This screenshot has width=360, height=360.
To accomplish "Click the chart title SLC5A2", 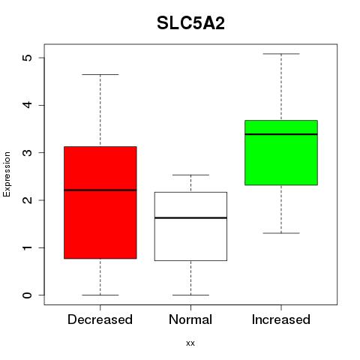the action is click(190, 23).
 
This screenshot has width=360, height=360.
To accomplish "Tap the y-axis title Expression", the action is click(7, 174).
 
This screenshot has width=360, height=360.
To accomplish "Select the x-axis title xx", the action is click(190, 343).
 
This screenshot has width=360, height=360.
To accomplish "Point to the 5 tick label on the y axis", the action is click(27, 58).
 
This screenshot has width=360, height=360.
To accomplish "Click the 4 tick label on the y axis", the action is click(27, 105).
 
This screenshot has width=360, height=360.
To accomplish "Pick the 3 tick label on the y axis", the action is click(27, 153).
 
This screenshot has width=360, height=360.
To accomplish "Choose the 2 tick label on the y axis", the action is click(27, 200).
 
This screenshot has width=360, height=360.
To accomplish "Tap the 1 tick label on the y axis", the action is click(27, 247).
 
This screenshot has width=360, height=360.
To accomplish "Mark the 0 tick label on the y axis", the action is click(27, 295).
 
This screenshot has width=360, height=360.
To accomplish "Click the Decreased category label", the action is click(100, 319).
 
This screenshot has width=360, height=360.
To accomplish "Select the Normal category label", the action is click(190, 319).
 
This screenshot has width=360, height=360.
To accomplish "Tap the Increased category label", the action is click(281, 319).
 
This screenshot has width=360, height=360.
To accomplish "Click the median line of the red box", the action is click(100, 190).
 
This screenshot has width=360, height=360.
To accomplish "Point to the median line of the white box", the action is click(190, 217).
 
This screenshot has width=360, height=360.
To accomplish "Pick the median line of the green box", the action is click(281, 134).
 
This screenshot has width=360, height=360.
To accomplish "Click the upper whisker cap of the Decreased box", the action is click(100, 74).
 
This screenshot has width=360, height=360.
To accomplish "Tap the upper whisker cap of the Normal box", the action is click(190, 175).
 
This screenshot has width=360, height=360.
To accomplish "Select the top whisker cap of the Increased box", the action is click(281, 54).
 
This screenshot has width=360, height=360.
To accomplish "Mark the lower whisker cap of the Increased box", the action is click(281, 233).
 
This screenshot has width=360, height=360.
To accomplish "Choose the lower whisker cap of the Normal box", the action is click(190, 295).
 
